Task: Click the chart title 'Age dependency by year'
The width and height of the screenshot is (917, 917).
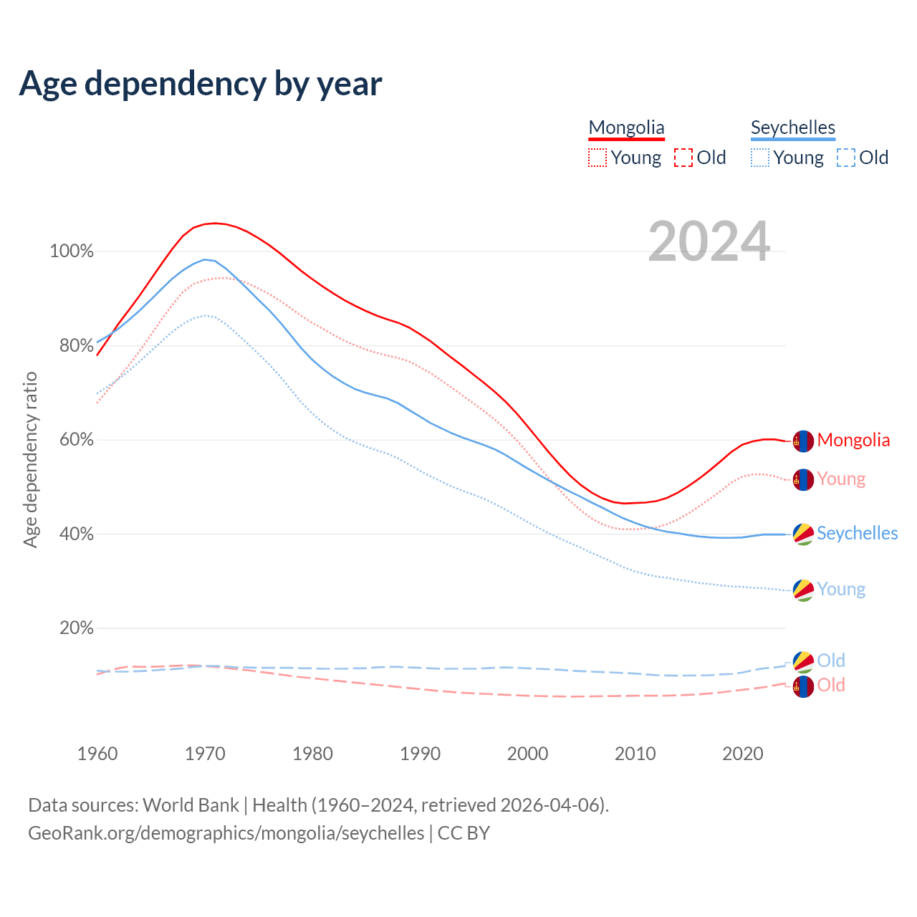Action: coord(201,84)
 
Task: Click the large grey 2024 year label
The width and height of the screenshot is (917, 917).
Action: coord(709,242)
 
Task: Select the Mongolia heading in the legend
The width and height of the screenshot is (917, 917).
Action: coord(626,128)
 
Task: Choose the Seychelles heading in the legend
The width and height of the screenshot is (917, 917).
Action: coord(792,128)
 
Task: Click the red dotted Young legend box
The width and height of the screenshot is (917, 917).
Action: coord(597,158)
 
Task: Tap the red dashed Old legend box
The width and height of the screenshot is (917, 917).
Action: coord(683,158)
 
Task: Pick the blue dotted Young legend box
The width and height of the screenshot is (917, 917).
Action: coord(760,158)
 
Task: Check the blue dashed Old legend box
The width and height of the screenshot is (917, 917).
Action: coord(846,158)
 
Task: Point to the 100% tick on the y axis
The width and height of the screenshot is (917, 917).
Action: coord(72,251)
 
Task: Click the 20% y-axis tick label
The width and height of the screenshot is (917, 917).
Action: coord(77,628)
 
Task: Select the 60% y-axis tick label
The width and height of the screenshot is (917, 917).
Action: coord(77,440)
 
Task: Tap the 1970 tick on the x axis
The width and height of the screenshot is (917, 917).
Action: coord(205,754)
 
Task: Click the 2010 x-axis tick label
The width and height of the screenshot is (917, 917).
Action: coord(635,754)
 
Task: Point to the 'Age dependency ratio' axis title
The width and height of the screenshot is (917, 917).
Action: coord(30,459)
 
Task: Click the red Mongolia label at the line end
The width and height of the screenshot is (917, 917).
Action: coord(853,441)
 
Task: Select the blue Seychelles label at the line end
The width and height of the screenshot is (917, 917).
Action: coord(857,534)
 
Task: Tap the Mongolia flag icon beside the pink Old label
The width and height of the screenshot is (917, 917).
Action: coord(803,686)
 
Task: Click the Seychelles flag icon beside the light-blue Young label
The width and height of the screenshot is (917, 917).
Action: coord(803,590)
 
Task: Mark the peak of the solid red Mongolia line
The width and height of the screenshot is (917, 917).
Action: coord(215,223)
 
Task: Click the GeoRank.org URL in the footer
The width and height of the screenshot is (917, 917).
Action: coord(226,833)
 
